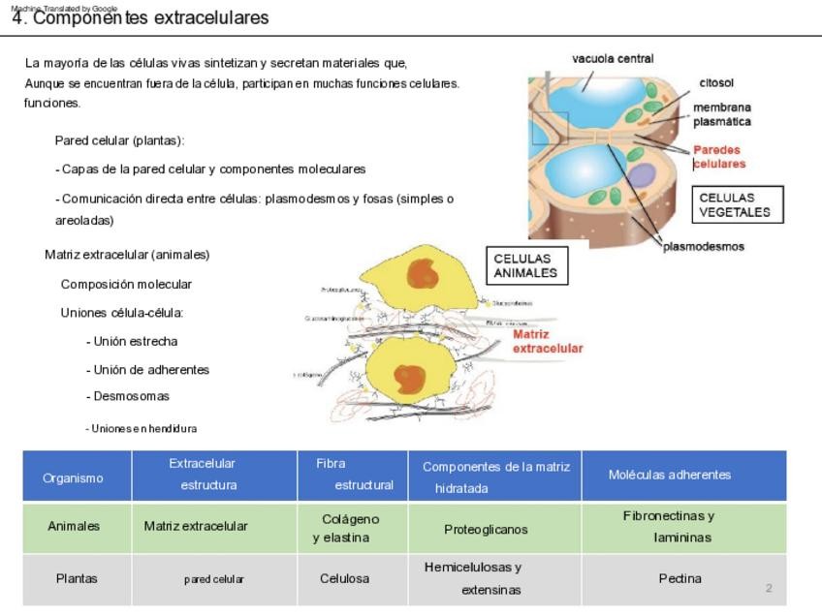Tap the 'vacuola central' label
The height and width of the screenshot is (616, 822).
click(613, 58)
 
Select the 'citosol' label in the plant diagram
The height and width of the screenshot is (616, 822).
click(716, 83)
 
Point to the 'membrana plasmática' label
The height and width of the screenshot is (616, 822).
click(721, 114)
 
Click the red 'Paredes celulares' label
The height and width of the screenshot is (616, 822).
click(718, 157)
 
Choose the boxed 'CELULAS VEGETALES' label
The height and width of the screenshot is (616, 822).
click(735, 204)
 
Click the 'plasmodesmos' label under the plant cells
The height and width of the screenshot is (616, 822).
click(704, 246)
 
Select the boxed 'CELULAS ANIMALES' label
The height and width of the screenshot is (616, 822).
click(525, 265)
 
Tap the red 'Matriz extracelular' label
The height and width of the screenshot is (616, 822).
click(548, 341)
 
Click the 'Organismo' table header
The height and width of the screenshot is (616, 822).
click(73, 477)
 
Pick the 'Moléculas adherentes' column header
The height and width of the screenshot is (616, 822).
click(670, 475)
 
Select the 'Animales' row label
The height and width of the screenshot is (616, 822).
click(74, 526)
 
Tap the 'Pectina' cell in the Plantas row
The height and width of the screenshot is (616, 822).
click(680, 578)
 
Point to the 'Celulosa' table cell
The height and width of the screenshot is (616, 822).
click(344, 578)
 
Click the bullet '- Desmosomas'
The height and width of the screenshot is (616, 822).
click(128, 396)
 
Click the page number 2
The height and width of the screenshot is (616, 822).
click(769, 588)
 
